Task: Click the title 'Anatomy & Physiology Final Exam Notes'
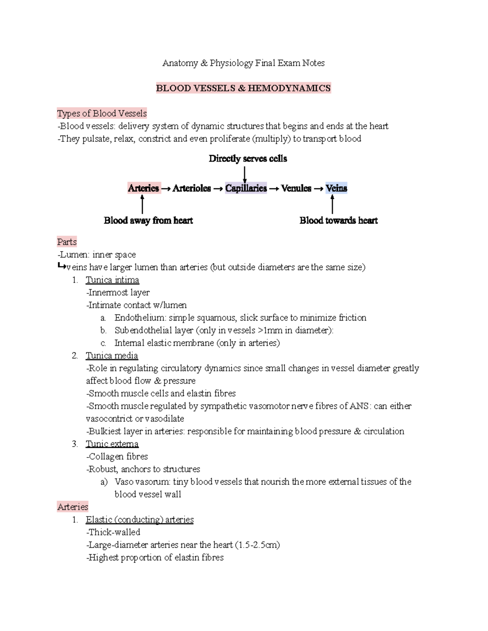coord(243,63)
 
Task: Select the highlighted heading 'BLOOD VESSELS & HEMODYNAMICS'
coord(243,88)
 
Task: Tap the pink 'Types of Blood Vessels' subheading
coord(102,113)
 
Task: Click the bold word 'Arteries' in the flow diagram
coord(143,188)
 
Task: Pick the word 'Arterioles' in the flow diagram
coord(192,188)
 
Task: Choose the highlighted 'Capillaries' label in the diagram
coord(246,188)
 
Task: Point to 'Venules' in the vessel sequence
coord(296,188)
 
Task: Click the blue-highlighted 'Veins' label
coord(336,188)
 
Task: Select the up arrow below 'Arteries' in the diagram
coord(142,204)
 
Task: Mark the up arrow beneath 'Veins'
coord(333,204)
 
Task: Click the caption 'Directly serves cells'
coord(248,159)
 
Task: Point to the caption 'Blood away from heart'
coord(148,221)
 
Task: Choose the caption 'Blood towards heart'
coord(338,221)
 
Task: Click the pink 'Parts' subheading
coord(67,242)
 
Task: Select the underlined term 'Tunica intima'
coord(112,280)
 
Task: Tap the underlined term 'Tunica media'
coord(112,356)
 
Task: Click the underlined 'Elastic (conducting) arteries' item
coord(139,520)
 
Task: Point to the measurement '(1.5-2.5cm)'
coord(257,545)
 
